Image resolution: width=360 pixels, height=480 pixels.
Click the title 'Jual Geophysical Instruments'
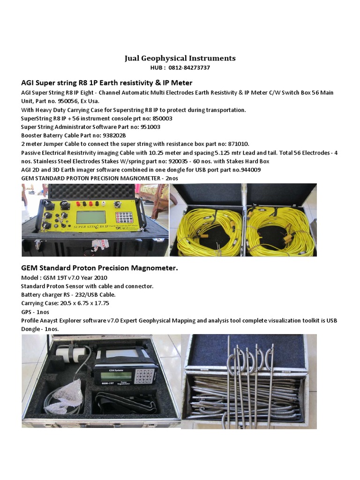click(180, 58)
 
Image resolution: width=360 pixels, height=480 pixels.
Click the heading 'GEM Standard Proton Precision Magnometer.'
click(100, 268)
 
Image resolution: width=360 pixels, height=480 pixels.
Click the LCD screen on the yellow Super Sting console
click(91, 217)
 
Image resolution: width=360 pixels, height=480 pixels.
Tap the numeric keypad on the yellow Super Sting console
click(124, 217)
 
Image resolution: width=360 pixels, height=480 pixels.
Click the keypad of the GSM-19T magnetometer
click(144, 375)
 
